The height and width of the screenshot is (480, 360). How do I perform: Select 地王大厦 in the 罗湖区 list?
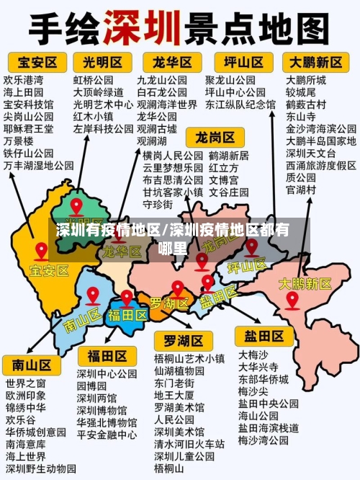pyautogui.click(x=174, y=395)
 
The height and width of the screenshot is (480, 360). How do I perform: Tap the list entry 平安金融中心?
pyautogui.click(x=107, y=435)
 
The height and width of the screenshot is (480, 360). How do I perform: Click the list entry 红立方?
pyautogui.click(x=223, y=168)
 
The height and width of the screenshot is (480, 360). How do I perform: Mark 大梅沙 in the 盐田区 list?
pyautogui.click(x=253, y=355)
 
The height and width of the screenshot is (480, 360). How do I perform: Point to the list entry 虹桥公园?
pyautogui.click(x=93, y=80)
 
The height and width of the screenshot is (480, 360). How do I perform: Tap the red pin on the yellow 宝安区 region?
pyautogui.click(x=42, y=252)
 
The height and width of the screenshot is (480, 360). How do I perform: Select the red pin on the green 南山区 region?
pyautogui.click(x=92, y=295)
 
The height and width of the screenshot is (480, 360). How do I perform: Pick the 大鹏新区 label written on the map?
pyautogui.click(x=305, y=284)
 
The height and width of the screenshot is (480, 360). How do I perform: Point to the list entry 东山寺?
pyautogui.click(x=300, y=116)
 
